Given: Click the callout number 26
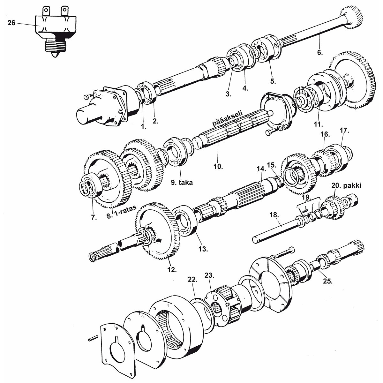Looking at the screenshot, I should click(11, 23).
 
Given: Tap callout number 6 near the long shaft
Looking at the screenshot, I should click(320, 52).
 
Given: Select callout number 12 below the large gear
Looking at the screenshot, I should click(172, 270).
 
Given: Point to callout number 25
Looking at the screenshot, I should click(327, 281).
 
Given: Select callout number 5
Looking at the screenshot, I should click(273, 81).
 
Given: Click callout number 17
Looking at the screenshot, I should click(345, 131).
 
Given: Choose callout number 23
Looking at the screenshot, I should click(209, 275).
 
